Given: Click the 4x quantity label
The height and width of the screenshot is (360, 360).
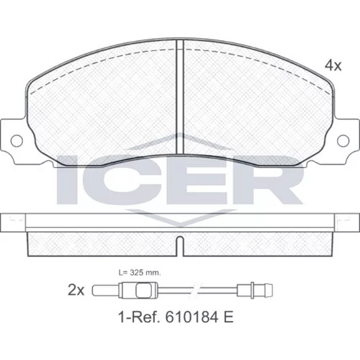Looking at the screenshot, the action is (333, 66).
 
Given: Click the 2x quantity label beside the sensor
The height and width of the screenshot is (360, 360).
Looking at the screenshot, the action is (76, 290).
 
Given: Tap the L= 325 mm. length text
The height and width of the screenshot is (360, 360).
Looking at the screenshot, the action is (140, 273).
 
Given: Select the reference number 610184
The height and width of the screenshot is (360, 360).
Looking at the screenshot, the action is (192, 318).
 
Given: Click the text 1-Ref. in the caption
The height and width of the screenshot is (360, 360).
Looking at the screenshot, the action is (140, 318).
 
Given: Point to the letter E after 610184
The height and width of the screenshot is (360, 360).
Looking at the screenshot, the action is (229, 318).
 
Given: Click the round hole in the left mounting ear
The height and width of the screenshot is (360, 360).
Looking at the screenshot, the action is (17, 140).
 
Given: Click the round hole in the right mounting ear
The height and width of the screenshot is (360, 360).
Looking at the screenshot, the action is (343, 140).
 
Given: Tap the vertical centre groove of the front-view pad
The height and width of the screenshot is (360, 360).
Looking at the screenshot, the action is (180, 97).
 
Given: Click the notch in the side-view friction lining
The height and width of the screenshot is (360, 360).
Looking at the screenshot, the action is (180, 246).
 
